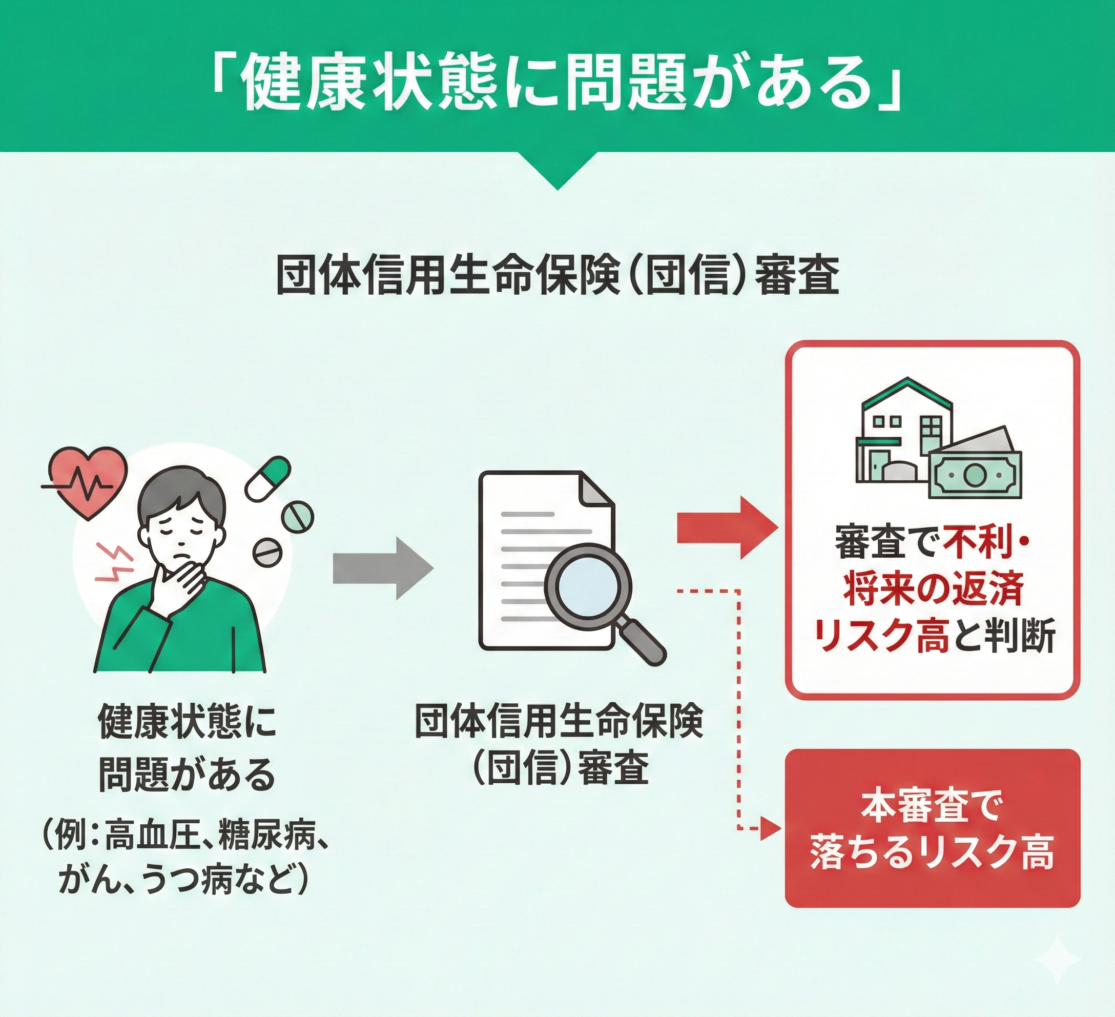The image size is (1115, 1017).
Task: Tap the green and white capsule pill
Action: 267,479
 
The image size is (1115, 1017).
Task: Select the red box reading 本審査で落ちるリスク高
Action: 932,836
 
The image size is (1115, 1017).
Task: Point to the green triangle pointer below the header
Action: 557,171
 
